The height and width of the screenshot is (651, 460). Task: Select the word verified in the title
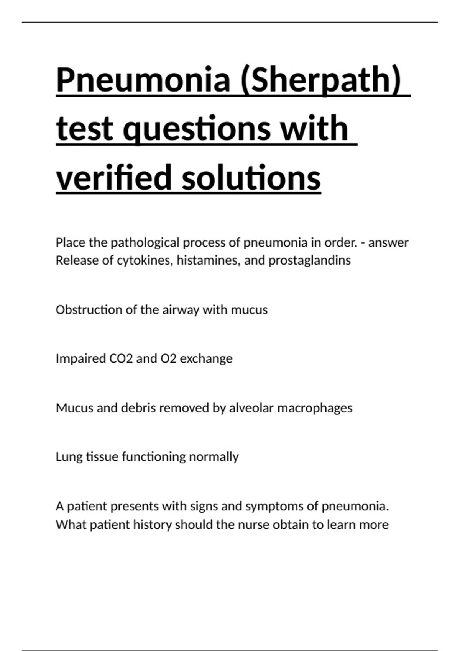[x=114, y=177]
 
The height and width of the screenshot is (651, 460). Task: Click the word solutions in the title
[x=251, y=177]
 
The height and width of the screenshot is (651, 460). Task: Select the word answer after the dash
[x=388, y=243]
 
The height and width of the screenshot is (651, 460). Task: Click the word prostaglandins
[x=309, y=261]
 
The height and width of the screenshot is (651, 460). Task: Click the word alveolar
[x=251, y=408]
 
